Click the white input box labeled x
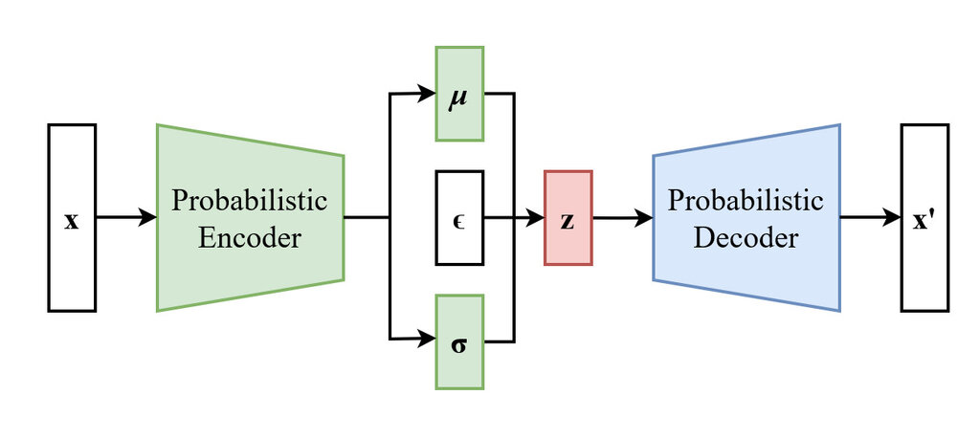click(x=72, y=218)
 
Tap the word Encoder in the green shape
click(x=249, y=237)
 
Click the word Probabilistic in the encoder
click(x=249, y=201)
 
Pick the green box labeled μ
click(x=459, y=93)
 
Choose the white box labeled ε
click(x=459, y=217)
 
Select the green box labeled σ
click(x=459, y=341)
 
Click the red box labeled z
click(x=568, y=218)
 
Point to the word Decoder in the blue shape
click(x=746, y=237)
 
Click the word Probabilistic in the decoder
click(x=746, y=201)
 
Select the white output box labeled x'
click(x=924, y=218)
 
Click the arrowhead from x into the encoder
click(x=148, y=218)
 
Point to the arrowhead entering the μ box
click(x=428, y=94)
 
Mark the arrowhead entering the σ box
click(x=428, y=339)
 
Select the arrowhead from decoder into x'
click(x=892, y=218)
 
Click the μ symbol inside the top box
click(x=459, y=97)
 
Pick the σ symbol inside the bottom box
click(x=459, y=343)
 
